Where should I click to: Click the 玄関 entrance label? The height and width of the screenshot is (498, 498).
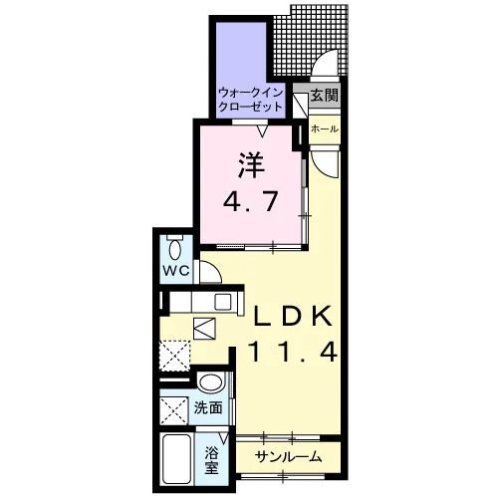pos(325,96)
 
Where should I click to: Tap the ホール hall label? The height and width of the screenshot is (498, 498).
pos(325,128)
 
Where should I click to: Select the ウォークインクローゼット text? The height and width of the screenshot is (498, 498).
pos(251,100)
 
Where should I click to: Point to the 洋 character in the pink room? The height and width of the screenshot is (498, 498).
pos(251,165)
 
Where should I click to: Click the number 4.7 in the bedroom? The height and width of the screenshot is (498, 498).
pos(250,201)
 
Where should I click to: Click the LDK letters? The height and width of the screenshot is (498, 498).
pos(293,316)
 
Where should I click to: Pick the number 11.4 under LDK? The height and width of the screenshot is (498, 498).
pos(293,352)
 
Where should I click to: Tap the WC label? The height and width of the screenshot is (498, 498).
pos(175,271)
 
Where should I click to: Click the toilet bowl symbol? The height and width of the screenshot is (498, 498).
pos(175,250)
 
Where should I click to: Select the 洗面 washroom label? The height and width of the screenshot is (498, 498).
pos(208,408)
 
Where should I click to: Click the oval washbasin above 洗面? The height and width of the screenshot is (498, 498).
pos(210,381)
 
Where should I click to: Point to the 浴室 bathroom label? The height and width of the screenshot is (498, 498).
pos(211,460)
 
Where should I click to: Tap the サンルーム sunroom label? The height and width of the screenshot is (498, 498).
pos(288,457)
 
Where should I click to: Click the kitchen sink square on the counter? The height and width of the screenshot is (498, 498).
pos(223,302)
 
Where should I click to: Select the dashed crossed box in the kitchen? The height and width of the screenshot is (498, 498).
pos(174,356)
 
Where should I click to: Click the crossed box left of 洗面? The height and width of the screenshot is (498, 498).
pos(174,410)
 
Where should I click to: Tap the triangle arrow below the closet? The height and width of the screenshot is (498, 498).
pos(263,131)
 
